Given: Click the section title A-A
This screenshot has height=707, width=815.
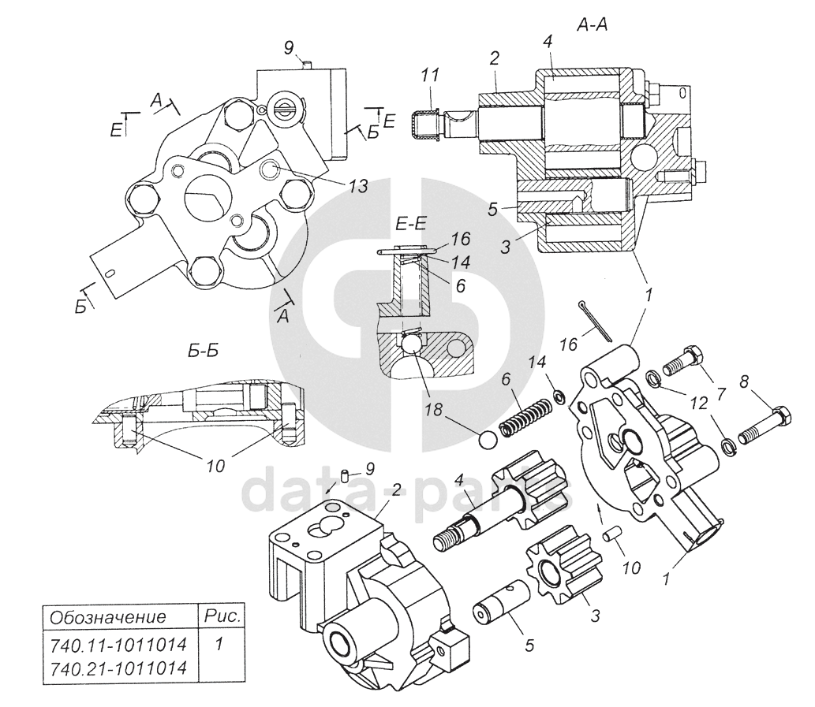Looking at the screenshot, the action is (x=592, y=24).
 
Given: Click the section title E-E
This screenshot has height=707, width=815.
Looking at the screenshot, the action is (x=410, y=224).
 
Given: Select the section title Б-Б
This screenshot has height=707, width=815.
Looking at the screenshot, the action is (x=204, y=352).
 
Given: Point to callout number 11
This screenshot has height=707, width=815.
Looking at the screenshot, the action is (x=430, y=75).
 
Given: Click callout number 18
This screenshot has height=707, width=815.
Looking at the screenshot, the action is (x=433, y=410).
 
